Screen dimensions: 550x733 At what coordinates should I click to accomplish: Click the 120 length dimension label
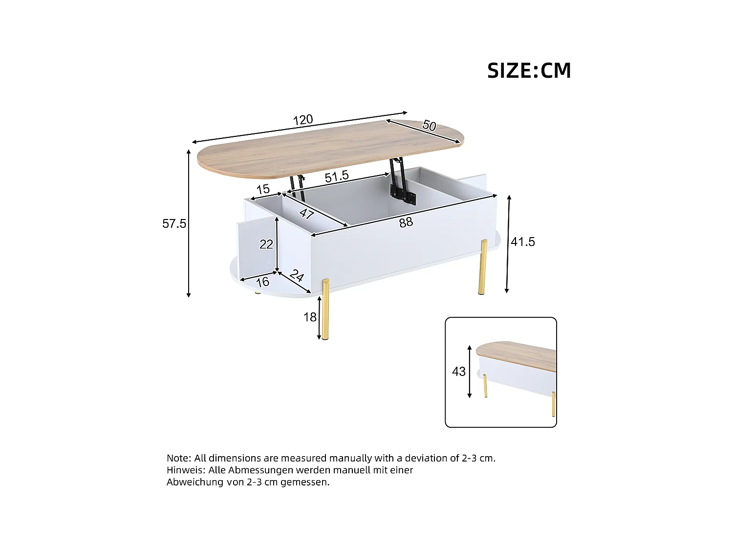click(x=303, y=120)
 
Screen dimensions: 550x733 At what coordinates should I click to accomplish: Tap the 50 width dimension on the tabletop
click(x=429, y=126)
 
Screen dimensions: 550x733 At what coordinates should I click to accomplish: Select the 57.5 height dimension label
click(x=174, y=224)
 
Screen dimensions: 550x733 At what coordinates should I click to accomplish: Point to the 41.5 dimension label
click(x=523, y=242)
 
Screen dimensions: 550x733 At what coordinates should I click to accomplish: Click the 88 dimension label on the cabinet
click(x=406, y=222)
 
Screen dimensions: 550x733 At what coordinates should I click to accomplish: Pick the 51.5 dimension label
click(x=337, y=176)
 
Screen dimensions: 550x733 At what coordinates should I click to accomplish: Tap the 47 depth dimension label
click(x=306, y=214)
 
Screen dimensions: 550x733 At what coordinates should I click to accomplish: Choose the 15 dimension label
click(x=263, y=189)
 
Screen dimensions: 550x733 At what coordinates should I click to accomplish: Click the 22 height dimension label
click(x=266, y=244)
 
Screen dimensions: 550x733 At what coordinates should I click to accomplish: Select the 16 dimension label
click(x=262, y=282)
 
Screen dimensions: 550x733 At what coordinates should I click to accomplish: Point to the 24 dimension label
click(x=297, y=276)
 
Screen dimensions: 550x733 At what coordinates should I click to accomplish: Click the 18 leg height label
click(x=310, y=317)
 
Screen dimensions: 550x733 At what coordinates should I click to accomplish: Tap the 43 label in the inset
click(x=459, y=372)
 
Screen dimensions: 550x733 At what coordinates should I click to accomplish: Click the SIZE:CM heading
click(x=529, y=71)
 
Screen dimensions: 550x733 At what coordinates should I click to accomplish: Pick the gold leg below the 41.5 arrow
click(x=483, y=266)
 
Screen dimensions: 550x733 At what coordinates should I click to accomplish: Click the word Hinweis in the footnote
click(x=186, y=470)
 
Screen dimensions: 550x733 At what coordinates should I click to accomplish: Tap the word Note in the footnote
click(x=178, y=459)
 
